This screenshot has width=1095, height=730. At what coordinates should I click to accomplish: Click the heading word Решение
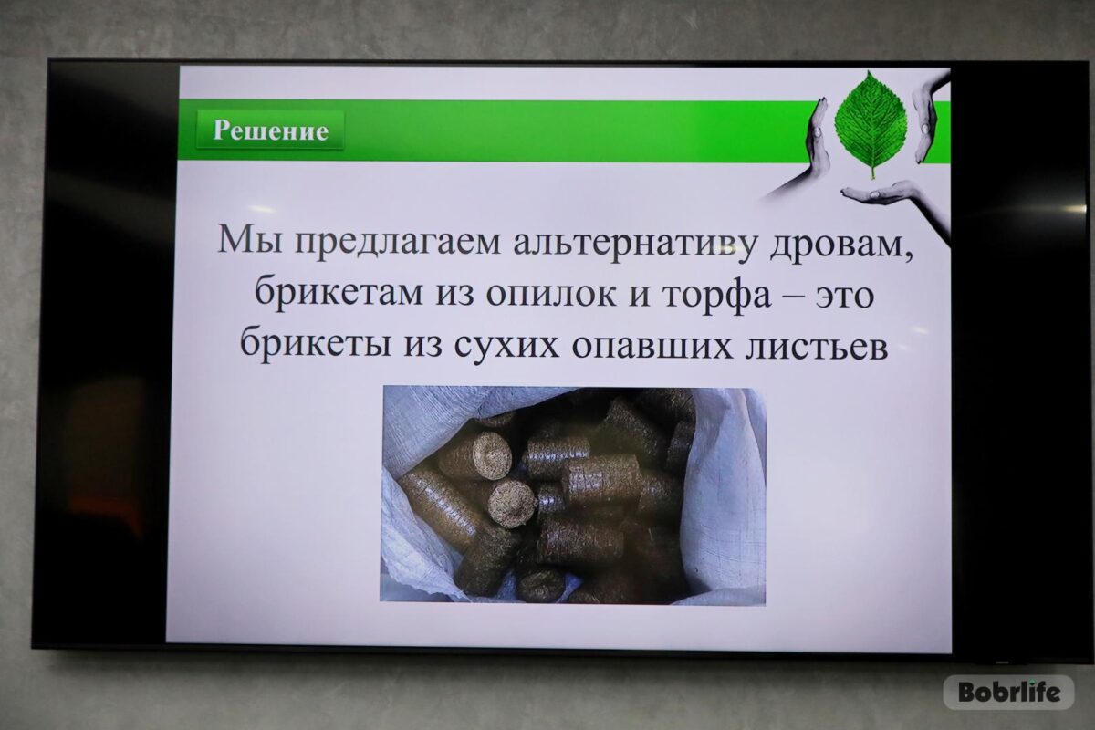pyautogui.click(x=271, y=130)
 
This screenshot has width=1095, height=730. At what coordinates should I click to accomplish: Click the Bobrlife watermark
pyautogui.click(x=1009, y=692)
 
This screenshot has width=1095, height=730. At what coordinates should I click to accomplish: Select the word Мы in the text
pyautogui.click(x=249, y=239)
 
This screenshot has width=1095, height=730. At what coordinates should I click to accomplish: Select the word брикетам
pyautogui.click(x=339, y=293)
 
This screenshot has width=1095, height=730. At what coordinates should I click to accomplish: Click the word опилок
pyautogui.click(x=551, y=296)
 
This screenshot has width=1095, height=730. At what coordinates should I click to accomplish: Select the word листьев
pyautogui.click(x=817, y=349)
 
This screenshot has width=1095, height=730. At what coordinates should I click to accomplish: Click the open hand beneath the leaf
pyautogui.click(x=880, y=193)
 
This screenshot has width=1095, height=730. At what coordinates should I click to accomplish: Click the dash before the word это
pyautogui.click(x=789, y=297)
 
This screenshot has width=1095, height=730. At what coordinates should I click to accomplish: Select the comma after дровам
pyautogui.click(x=907, y=257)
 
